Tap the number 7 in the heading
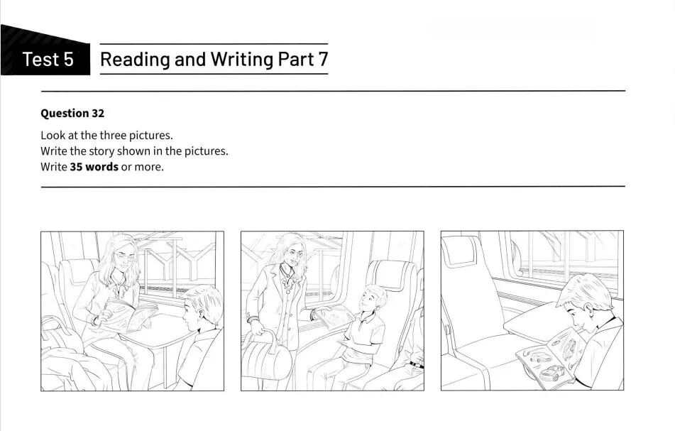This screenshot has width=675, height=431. (x=323, y=59)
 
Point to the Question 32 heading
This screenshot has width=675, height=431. (x=72, y=113)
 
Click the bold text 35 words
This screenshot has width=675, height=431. (x=94, y=167)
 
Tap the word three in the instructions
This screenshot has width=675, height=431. (x=113, y=135)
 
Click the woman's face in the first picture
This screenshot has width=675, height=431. (x=123, y=258)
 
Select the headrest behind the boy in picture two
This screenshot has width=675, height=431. (x=392, y=275)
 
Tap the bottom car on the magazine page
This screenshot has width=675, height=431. (x=552, y=373)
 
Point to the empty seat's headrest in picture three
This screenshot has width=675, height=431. (x=459, y=251)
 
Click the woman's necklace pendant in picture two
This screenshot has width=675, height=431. (x=288, y=291)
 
